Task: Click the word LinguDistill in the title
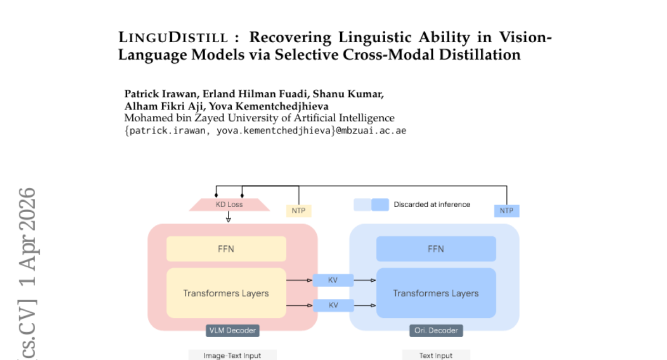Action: (x=173, y=38)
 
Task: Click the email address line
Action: (x=265, y=131)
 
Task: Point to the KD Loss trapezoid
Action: (x=229, y=204)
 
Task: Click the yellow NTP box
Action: (x=298, y=211)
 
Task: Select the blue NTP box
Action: (x=506, y=211)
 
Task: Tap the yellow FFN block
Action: (x=226, y=249)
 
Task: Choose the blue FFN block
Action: (x=436, y=249)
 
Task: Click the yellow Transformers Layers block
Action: (x=226, y=293)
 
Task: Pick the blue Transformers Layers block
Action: (x=436, y=293)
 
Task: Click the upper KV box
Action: (x=333, y=281)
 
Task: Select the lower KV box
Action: (x=333, y=305)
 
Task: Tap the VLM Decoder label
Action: (x=232, y=331)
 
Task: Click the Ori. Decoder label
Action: (x=436, y=331)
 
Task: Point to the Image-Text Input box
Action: (x=232, y=355)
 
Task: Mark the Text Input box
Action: (x=436, y=355)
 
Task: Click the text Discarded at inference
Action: (x=432, y=204)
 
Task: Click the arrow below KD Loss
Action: (x=228, y=218)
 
